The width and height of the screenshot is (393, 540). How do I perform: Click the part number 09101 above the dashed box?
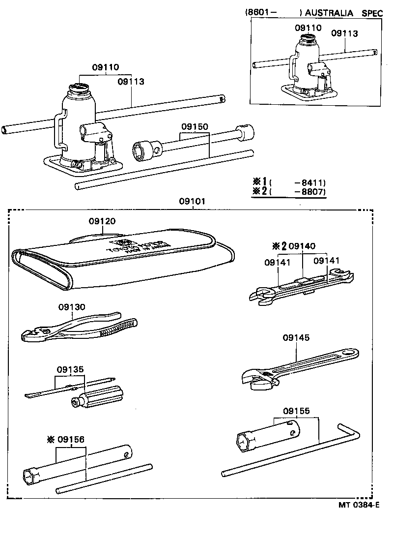click(192, 202)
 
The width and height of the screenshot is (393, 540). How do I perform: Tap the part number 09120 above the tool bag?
click(102, 222)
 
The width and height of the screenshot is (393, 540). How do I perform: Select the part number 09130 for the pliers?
click(72, 307)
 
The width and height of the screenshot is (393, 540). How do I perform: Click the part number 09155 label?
click(296, 411)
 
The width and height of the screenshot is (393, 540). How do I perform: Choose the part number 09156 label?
click(72, 440)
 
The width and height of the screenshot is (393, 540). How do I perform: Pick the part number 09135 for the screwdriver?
click(70, 370)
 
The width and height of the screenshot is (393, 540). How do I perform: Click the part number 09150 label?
click(195, 127)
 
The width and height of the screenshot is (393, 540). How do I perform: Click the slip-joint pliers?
click(79, 329)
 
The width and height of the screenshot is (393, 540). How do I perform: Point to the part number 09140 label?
click(302, 246)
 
